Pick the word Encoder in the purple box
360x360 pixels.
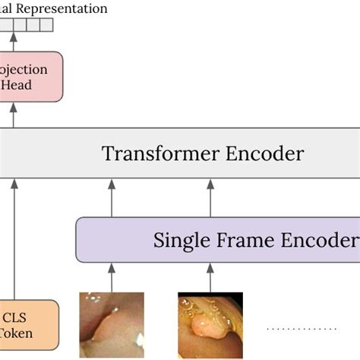tap(320, 240)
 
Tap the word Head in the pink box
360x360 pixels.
tap(16, 85)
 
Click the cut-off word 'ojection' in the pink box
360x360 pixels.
tap(24, 70)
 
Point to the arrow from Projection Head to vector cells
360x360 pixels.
tap(13, 42)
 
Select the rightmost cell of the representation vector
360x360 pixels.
tap(47, 25)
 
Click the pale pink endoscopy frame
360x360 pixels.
tap(111, 325)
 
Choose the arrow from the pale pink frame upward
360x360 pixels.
tap(112, 276)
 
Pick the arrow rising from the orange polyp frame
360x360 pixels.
tap(210, 276)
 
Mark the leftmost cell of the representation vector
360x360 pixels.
tap(6, 25)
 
